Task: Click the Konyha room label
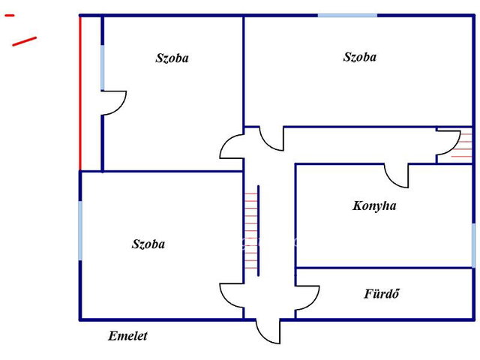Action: click(x=374, y=205)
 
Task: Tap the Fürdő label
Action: click(x=382, y=293)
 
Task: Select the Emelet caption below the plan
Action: click(x=127, y=336)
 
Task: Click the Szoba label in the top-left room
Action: click(x=172, y=58)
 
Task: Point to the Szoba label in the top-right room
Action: click(x=360, y=57)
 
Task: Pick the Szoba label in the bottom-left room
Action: click(x=148, y=244)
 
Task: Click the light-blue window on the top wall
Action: click(x=347, y=15)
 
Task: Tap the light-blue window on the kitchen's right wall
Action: click(x=473, y=245)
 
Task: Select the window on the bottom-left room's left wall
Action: click(x=80, y=231)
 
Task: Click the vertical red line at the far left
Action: click(x=80, y=93)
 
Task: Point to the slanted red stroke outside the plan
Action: click(x=25, y=42)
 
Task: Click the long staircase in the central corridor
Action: click(x=252, y=231)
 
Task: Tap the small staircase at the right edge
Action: click(x=462, y=145)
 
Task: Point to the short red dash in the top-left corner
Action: click(x=10, y=15)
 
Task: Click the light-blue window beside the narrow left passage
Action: click(x=102, y=67)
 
